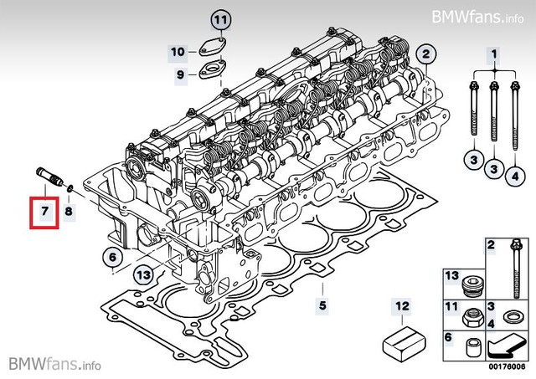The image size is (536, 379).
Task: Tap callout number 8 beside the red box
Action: (x=69, y=213)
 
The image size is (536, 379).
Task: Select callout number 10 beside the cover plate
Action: (x=178, y=52)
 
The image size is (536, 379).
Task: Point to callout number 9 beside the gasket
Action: (x=179, y=75)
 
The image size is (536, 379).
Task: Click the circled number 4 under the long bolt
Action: (x=514, y=175)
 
